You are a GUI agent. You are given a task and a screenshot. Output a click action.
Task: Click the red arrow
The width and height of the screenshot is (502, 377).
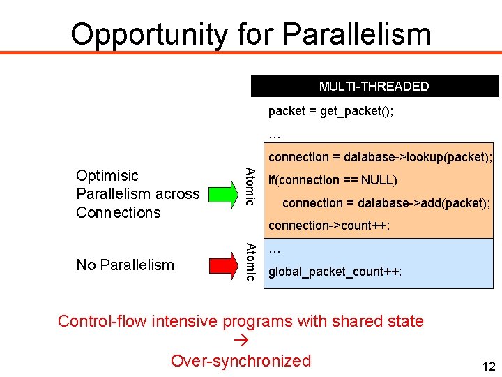(x=224, y=265)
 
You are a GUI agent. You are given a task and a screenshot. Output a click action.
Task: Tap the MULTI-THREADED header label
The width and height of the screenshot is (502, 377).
(x=374, y=87)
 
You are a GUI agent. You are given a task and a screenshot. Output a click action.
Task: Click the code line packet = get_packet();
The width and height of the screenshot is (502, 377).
(x=330, y=111)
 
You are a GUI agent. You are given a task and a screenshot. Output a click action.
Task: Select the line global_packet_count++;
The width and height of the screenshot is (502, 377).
(x=335, y=272)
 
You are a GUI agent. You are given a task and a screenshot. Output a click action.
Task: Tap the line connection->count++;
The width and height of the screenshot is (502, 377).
(x=329, y=226)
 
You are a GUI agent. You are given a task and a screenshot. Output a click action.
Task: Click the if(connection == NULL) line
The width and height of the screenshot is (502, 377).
(x=333, y=180)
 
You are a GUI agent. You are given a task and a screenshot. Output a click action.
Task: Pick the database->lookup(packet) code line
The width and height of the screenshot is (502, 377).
(x=380, y=157)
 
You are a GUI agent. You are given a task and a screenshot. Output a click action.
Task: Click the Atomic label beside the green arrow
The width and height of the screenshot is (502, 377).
(x=252, y=186)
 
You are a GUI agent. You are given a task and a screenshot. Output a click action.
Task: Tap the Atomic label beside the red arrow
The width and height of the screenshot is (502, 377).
(x=252, y=261)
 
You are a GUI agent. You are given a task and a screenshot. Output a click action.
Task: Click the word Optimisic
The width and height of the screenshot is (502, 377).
(x=107, y=175)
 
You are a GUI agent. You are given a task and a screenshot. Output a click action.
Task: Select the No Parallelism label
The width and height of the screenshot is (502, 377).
(x=125, y=265)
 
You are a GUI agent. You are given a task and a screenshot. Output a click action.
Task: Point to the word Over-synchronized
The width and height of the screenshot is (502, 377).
(x=241, y=361)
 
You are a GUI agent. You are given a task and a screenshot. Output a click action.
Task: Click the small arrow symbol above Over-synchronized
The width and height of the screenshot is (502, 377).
(x=241, y=341)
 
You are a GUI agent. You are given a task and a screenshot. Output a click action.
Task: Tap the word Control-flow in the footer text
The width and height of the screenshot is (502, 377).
(x=102, y=321)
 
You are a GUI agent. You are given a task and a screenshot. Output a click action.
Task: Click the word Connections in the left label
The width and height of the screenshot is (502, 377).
(x=119, y=212)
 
